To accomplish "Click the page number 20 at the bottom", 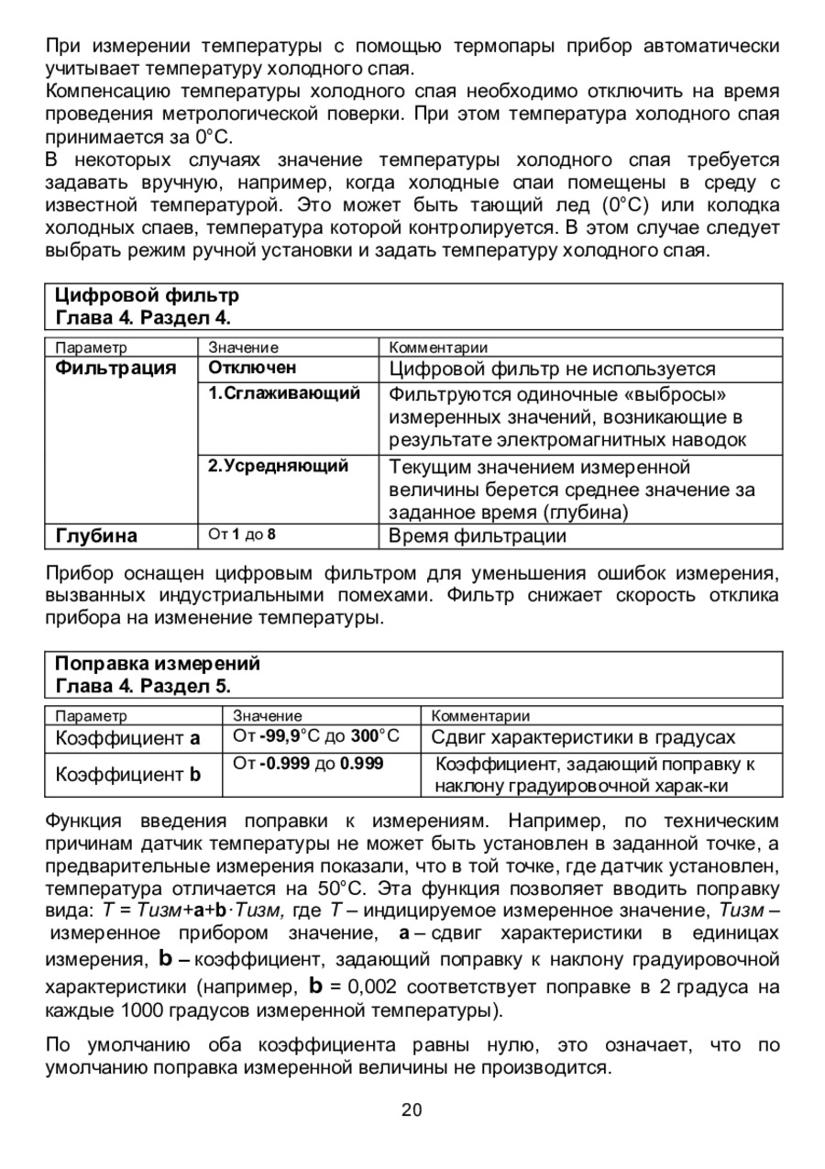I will [412, 1110].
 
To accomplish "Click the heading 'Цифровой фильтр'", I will [148, 295].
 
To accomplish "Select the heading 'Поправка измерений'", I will [159, 664].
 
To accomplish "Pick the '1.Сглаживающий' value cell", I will [283, 394].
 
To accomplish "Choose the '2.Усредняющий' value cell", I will [279, 466].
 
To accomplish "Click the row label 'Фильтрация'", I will [115, 369].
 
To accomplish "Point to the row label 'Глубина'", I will [97, 535].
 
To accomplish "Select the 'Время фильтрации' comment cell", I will [478, 535].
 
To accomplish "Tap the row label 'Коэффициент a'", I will [127, 738].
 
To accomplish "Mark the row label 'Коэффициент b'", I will [127, 775].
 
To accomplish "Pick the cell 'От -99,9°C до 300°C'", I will [317, 737].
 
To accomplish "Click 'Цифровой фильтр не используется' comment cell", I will [552, 369].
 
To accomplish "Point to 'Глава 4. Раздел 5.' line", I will [144, 686].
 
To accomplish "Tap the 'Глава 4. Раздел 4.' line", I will [144, 317].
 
